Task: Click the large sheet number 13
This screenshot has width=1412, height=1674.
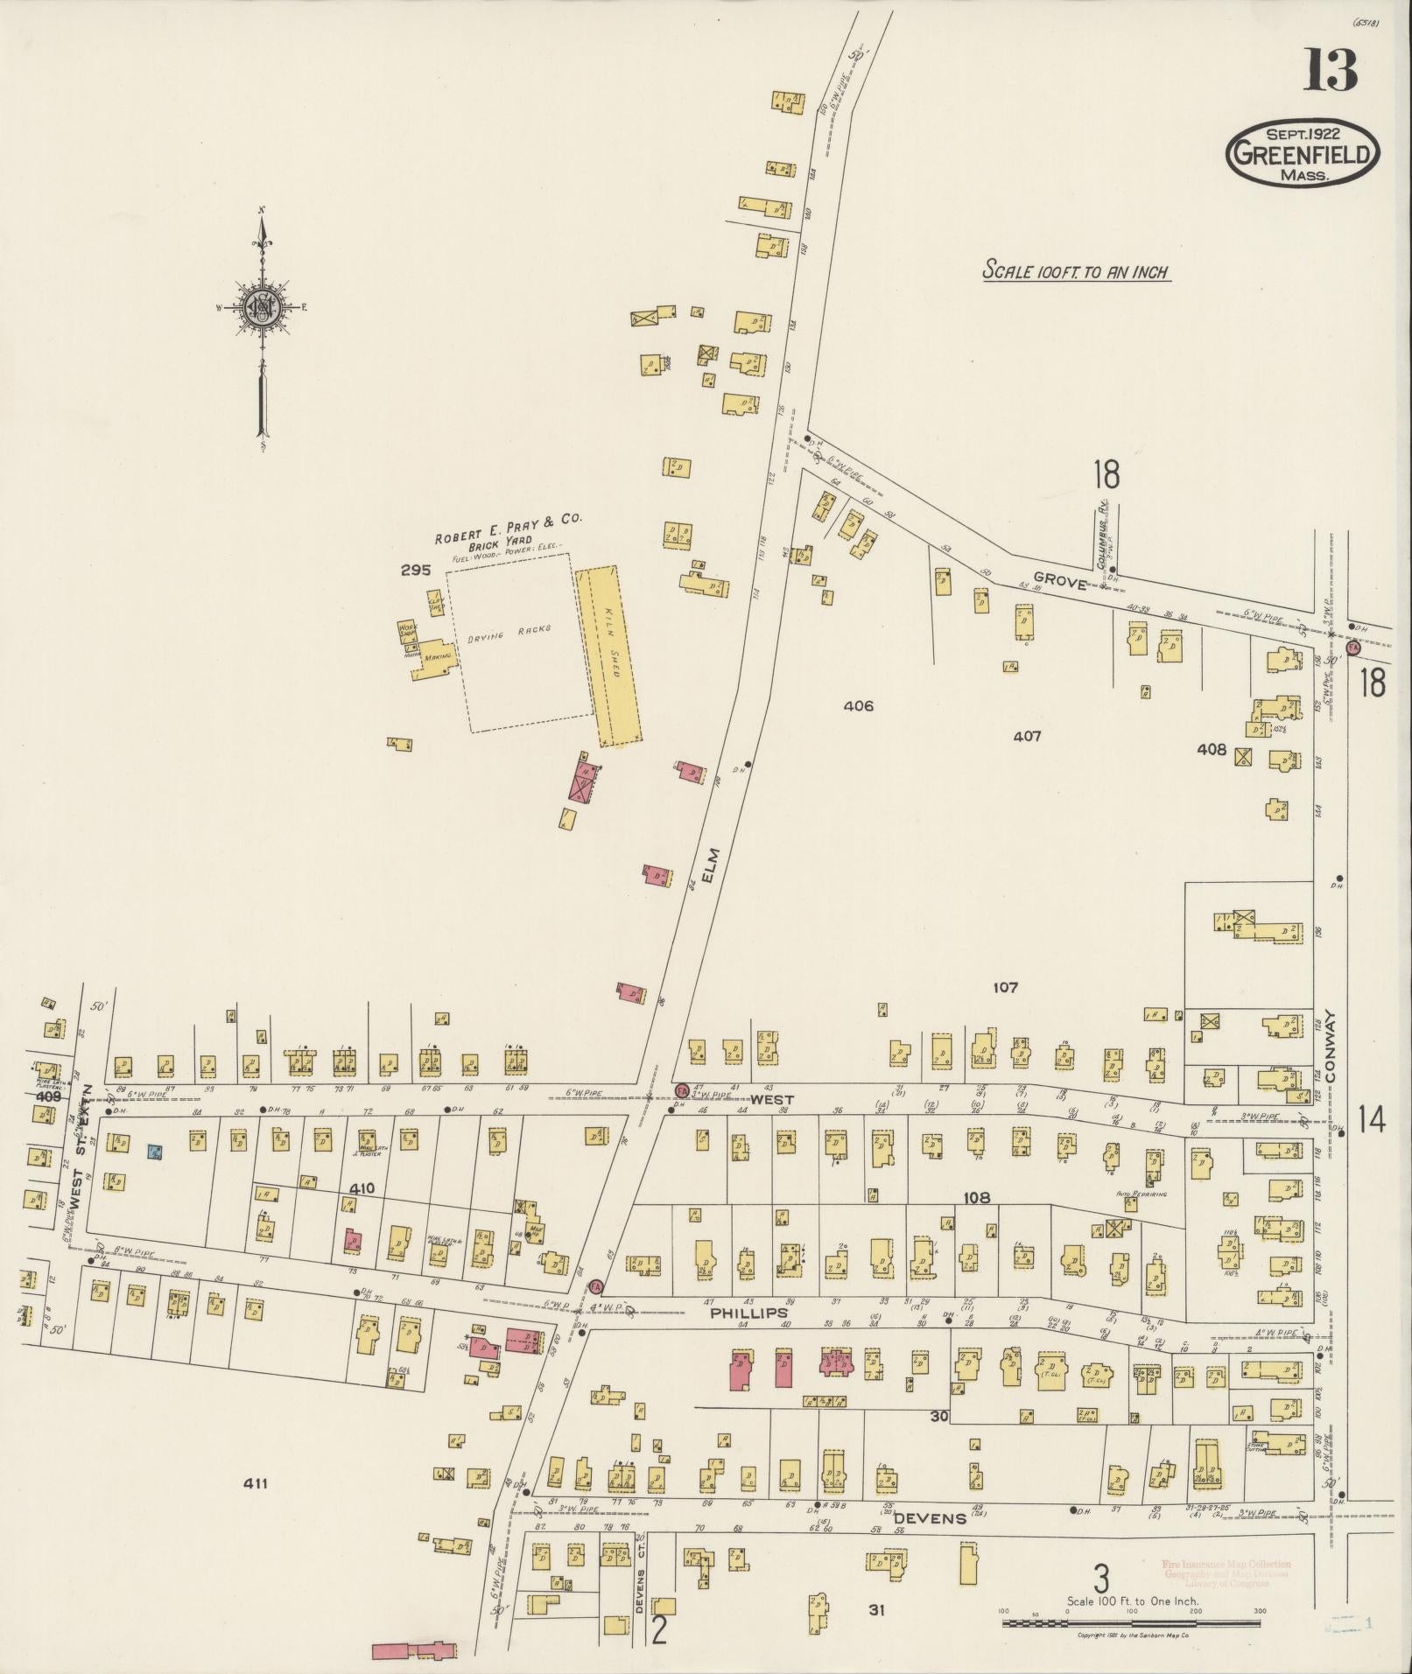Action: pyautogui.click(x=1331, y=70)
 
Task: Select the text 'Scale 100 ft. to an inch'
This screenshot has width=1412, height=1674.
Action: pyautogui.click(x=1076, y=271)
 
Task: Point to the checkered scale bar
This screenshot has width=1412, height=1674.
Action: pyautogui.click(x=1131, y=1623)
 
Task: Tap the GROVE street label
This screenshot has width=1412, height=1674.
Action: pyautogui.click(x=1059, y=583)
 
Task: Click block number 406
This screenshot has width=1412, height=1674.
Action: pyautogui.click(x=858, y=705)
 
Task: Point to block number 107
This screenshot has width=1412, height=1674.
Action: pyautogui.click(x=1006, y=987)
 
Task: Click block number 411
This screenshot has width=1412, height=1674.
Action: pyautogui.click(x=256, y=1482)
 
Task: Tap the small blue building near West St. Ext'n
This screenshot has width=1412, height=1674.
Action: pyautogui.click(x=155, y=1152)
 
